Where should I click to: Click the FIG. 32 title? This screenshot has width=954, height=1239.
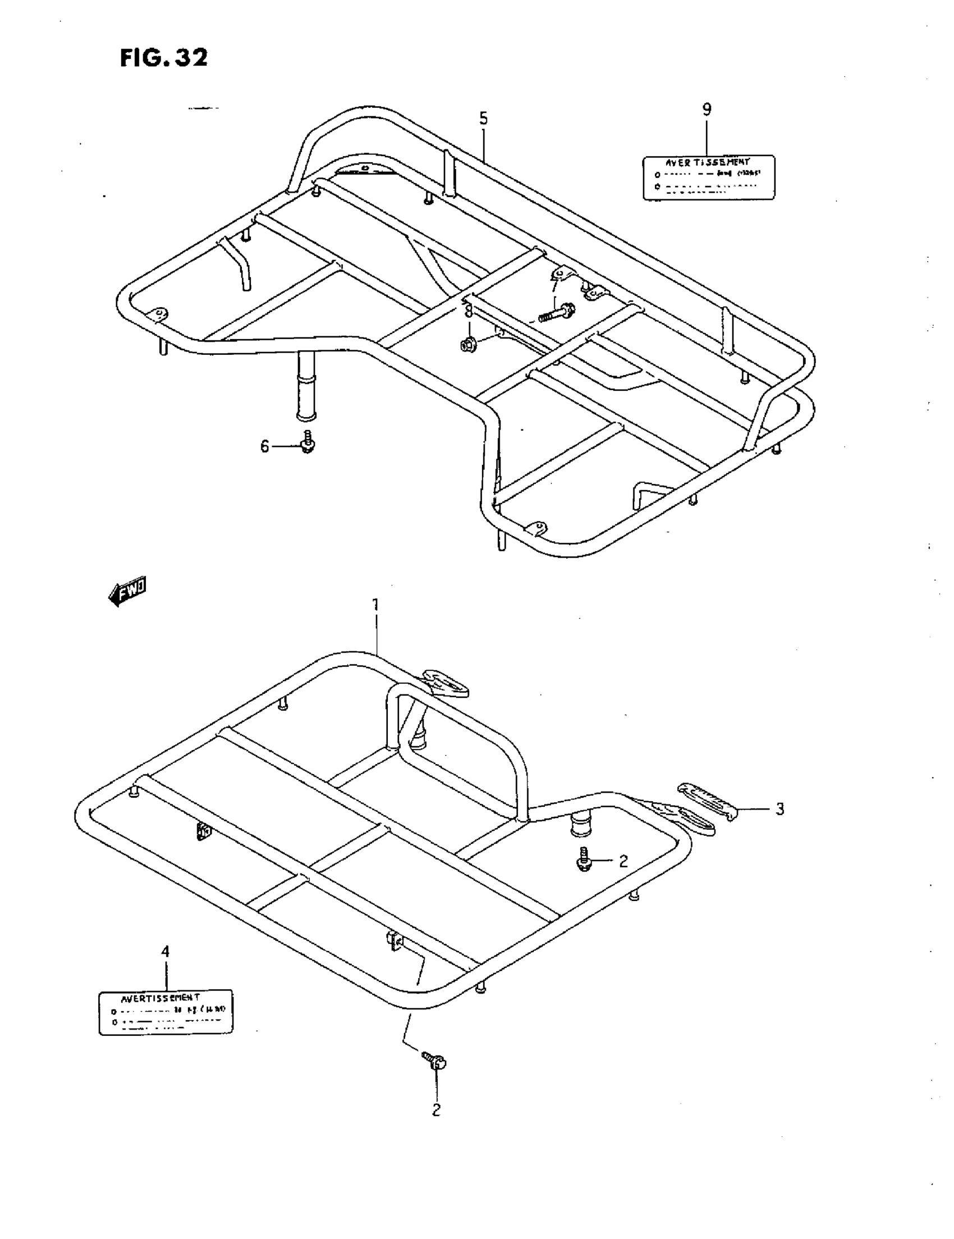pyautogui.click(x=164, y=57)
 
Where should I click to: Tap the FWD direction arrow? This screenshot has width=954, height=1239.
pyautogui.click(x=127, y=592)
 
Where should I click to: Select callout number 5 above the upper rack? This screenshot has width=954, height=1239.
pyautogui.click(x=483, y=118)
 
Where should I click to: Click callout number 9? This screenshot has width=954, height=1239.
pyautogui.click(x=707, y=109)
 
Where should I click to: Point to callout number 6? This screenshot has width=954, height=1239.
pyautogui.click(x=264, y=446)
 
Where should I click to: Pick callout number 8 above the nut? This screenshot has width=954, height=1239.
pyautogui.click(x=469, y=312)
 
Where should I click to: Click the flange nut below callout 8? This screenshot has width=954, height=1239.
pyautogui.click(x=469, y=344)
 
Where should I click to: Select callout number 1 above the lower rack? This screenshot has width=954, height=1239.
pyautogui.click(x=375, y=605)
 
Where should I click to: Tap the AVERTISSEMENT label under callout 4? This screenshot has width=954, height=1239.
pyautogui.click(x=166, y=1013)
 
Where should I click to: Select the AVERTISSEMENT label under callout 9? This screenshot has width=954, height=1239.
pyautogui.click(x=708, y=177)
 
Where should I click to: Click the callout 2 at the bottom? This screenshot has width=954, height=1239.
pyautogui.click(x=436, y=1110)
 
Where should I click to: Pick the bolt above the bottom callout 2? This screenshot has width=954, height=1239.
pyautogui.click(x=435, y=1060)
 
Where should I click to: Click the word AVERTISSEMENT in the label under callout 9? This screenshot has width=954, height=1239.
pyautogui.click(x=708, y=162)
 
